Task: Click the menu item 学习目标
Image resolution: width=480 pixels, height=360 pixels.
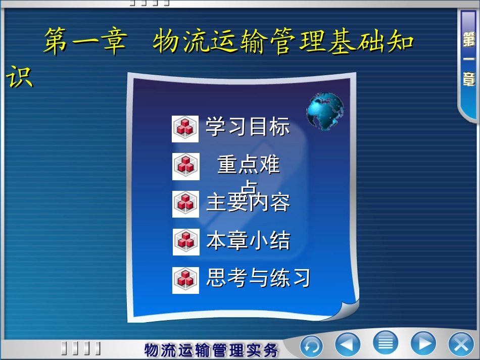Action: point(248,127)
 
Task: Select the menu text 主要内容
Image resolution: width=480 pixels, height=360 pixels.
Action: point(248,202)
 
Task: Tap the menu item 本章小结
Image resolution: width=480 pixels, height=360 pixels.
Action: point(248,241)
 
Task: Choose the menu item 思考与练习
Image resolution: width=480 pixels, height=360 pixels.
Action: point(258,278)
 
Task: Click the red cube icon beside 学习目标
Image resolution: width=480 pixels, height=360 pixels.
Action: point(185,128)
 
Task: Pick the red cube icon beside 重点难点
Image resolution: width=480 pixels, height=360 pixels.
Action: point(185,166)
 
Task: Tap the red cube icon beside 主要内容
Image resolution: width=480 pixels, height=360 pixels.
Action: point(185,204)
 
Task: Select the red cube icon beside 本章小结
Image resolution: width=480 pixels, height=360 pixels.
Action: point(185,241)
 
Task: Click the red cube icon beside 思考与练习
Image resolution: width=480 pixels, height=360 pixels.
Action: point(185,280)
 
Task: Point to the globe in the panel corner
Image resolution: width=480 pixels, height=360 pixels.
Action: point(325,111)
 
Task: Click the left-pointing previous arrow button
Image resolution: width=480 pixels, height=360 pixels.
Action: point(348,345)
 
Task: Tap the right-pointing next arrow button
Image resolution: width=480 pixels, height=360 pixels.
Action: point(423,345)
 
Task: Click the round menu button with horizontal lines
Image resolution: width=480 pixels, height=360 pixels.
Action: point(386,344)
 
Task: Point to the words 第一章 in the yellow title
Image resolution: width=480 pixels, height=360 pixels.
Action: point(84,42)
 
